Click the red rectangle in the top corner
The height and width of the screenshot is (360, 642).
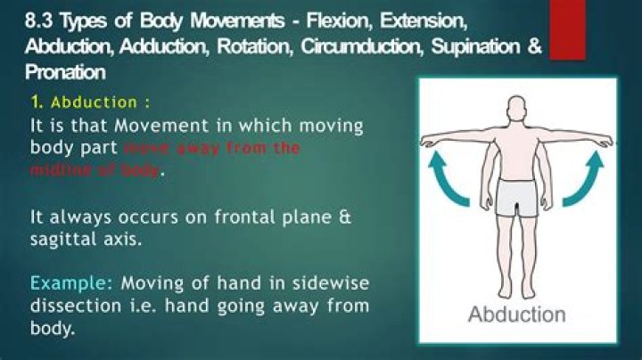567,30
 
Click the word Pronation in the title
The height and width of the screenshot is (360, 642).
66,71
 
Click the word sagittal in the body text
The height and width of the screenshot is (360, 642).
66,239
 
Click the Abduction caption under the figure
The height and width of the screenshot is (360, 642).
516,315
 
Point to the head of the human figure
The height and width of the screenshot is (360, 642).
518,112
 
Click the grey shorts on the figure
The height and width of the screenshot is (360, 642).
517,198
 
